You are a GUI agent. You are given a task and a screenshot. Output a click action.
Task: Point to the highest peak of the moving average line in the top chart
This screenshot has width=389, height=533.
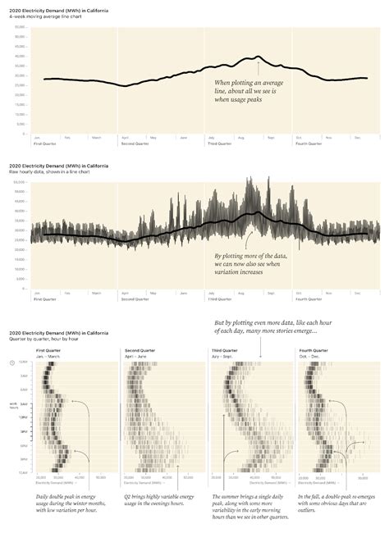[x=259, y=57]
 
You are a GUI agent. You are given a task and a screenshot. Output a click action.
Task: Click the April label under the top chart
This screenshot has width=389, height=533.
[x=125, y=137]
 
